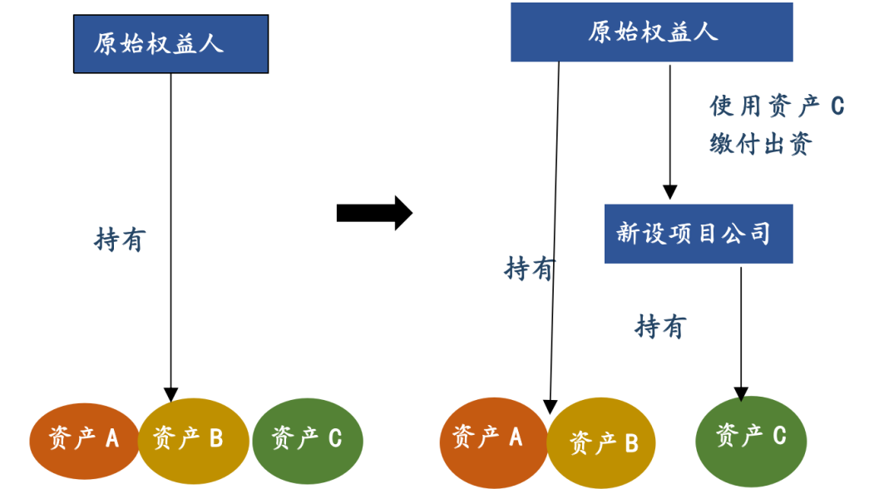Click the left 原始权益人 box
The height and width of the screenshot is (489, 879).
[170, 43]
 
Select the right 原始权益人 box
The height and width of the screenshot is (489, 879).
[652, 32]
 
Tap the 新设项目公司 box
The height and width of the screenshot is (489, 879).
[699, 234]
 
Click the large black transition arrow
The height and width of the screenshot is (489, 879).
[373, 214]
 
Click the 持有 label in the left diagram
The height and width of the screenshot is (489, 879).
[119, 240]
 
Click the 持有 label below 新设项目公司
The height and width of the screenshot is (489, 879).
[660, 327]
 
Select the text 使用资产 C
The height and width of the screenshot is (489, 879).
[777, 106]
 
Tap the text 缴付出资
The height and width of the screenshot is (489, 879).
[761, 144]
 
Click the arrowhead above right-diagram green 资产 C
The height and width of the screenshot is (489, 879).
[741, 393]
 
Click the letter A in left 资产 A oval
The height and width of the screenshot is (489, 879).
[111, 438]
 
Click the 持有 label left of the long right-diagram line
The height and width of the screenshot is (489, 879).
[529, 269]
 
